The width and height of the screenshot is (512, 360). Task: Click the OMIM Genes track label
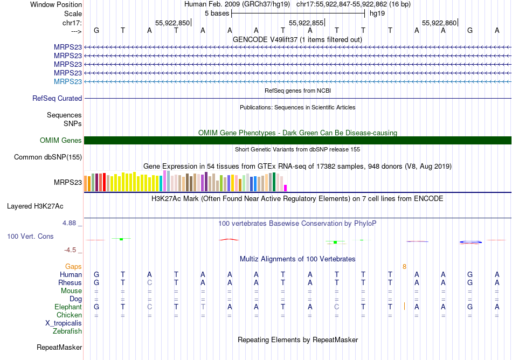pyautogui.click(x=61, y=141)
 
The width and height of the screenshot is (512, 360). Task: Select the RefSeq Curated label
pyautogui.click(x=57, y=99)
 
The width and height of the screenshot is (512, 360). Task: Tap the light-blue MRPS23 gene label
pyautogui.click(x=68, y=81)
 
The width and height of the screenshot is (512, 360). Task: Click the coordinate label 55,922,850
pyautogui.click(x=172, y=23)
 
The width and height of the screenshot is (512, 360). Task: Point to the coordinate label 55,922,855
pyautogui.click(x=306, y=23)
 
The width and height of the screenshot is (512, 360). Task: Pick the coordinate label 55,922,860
pyautogui.click(x=439, y=23)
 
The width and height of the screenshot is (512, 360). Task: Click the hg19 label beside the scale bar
pyautogui.click(x=377, y=13)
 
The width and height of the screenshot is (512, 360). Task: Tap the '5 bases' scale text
pyautogui.click(x=217, y=13)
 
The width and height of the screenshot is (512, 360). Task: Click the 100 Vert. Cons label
pyautogui.click(x=31, y=237)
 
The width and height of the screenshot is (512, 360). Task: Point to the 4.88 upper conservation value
pyautogui.click(x=71, y=223)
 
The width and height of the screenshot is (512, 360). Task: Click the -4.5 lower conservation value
pyautogui.click(x=72, y=250)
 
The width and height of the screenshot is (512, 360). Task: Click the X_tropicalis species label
pyautogui.click(x=64, y=323)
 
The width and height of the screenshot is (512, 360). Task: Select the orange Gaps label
pyautogui.click(x=73, y=267)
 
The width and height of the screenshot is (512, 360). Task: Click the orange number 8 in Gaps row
pyautogui.click(x=404, y=267)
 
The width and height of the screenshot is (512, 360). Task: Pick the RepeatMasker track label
pyautogui.click(x=59, y=348)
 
